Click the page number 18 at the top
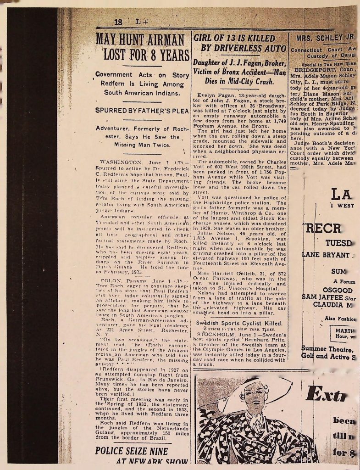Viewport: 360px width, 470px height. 118,22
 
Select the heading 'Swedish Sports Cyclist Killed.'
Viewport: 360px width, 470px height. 246,323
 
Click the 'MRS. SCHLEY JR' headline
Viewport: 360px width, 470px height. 326,38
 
